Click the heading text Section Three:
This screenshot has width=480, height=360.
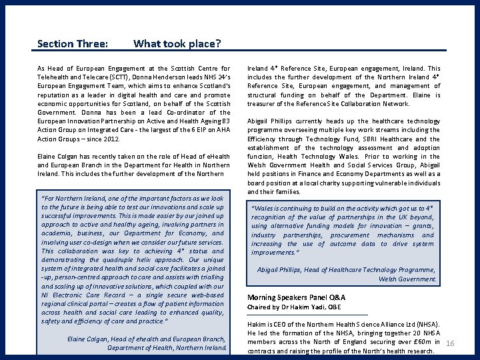click(x=73, y=44)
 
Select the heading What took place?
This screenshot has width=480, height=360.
click(x=177, y=44)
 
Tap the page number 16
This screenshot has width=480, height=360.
click(x=449, y=343)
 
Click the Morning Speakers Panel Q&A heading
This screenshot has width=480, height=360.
click(x=295, y=297)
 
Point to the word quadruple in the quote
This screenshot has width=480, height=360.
click(x=111, y=259)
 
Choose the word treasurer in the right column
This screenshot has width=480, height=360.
click(x=264, y=103)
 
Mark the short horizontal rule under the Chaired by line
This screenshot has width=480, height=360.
click(x=307, y=314)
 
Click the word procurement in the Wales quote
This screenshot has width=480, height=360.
click(x=349, y=235)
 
